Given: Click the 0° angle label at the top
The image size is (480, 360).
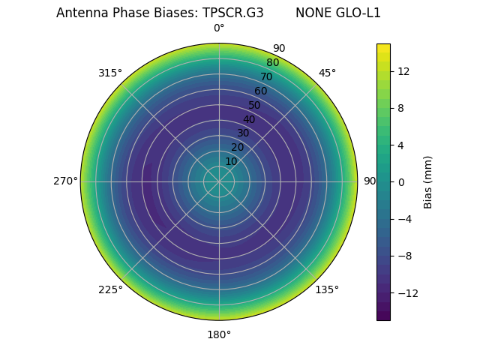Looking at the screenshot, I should click(219, 28).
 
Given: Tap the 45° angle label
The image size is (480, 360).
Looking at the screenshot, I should click(327, 73).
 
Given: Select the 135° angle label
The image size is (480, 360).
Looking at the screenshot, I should click(326, 290).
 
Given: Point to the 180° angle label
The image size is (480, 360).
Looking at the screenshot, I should click(219, 334).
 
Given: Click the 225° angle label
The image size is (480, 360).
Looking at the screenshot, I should click(110, 290).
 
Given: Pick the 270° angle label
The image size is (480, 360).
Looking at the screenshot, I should click(65, 181).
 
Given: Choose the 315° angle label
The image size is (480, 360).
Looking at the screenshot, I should click(110, 73).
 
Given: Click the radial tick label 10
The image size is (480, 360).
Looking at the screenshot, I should click(231, 161).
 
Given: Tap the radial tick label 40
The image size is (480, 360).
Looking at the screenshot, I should click(249, 119).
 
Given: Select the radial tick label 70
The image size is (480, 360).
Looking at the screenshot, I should click(266, 76).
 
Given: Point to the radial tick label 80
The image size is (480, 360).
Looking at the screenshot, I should click(272, 63).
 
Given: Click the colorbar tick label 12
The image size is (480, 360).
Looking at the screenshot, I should click(403, 71).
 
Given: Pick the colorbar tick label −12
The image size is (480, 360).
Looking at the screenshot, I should click(406, 293).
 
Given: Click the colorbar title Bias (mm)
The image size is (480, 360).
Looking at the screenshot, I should click(428, 181).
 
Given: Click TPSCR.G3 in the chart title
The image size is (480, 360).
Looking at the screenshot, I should click(232, 13).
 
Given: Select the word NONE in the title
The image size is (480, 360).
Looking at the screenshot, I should click(312, 13).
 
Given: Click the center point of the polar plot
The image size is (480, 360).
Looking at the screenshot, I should click(219, 181).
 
